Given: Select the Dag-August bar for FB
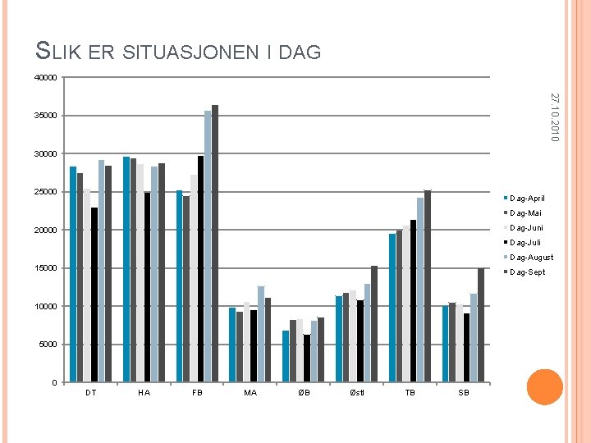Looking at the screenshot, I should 208,246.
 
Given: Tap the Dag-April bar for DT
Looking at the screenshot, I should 73,274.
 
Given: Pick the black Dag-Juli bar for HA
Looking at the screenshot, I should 148,287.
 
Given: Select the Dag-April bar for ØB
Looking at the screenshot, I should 286,356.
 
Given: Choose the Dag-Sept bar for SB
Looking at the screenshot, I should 481,325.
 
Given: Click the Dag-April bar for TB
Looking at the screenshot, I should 392,308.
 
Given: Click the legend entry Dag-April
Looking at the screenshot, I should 526,199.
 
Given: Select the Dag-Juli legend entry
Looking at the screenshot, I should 525,243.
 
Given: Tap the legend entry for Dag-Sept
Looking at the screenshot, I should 526,272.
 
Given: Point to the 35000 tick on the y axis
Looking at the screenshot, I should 47,116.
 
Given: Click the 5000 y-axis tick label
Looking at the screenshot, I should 48,345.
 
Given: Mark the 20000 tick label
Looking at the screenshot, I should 47,231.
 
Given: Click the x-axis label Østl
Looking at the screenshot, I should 357,393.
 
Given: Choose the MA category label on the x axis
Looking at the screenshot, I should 250,393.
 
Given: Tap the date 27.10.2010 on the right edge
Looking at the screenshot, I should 555,116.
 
